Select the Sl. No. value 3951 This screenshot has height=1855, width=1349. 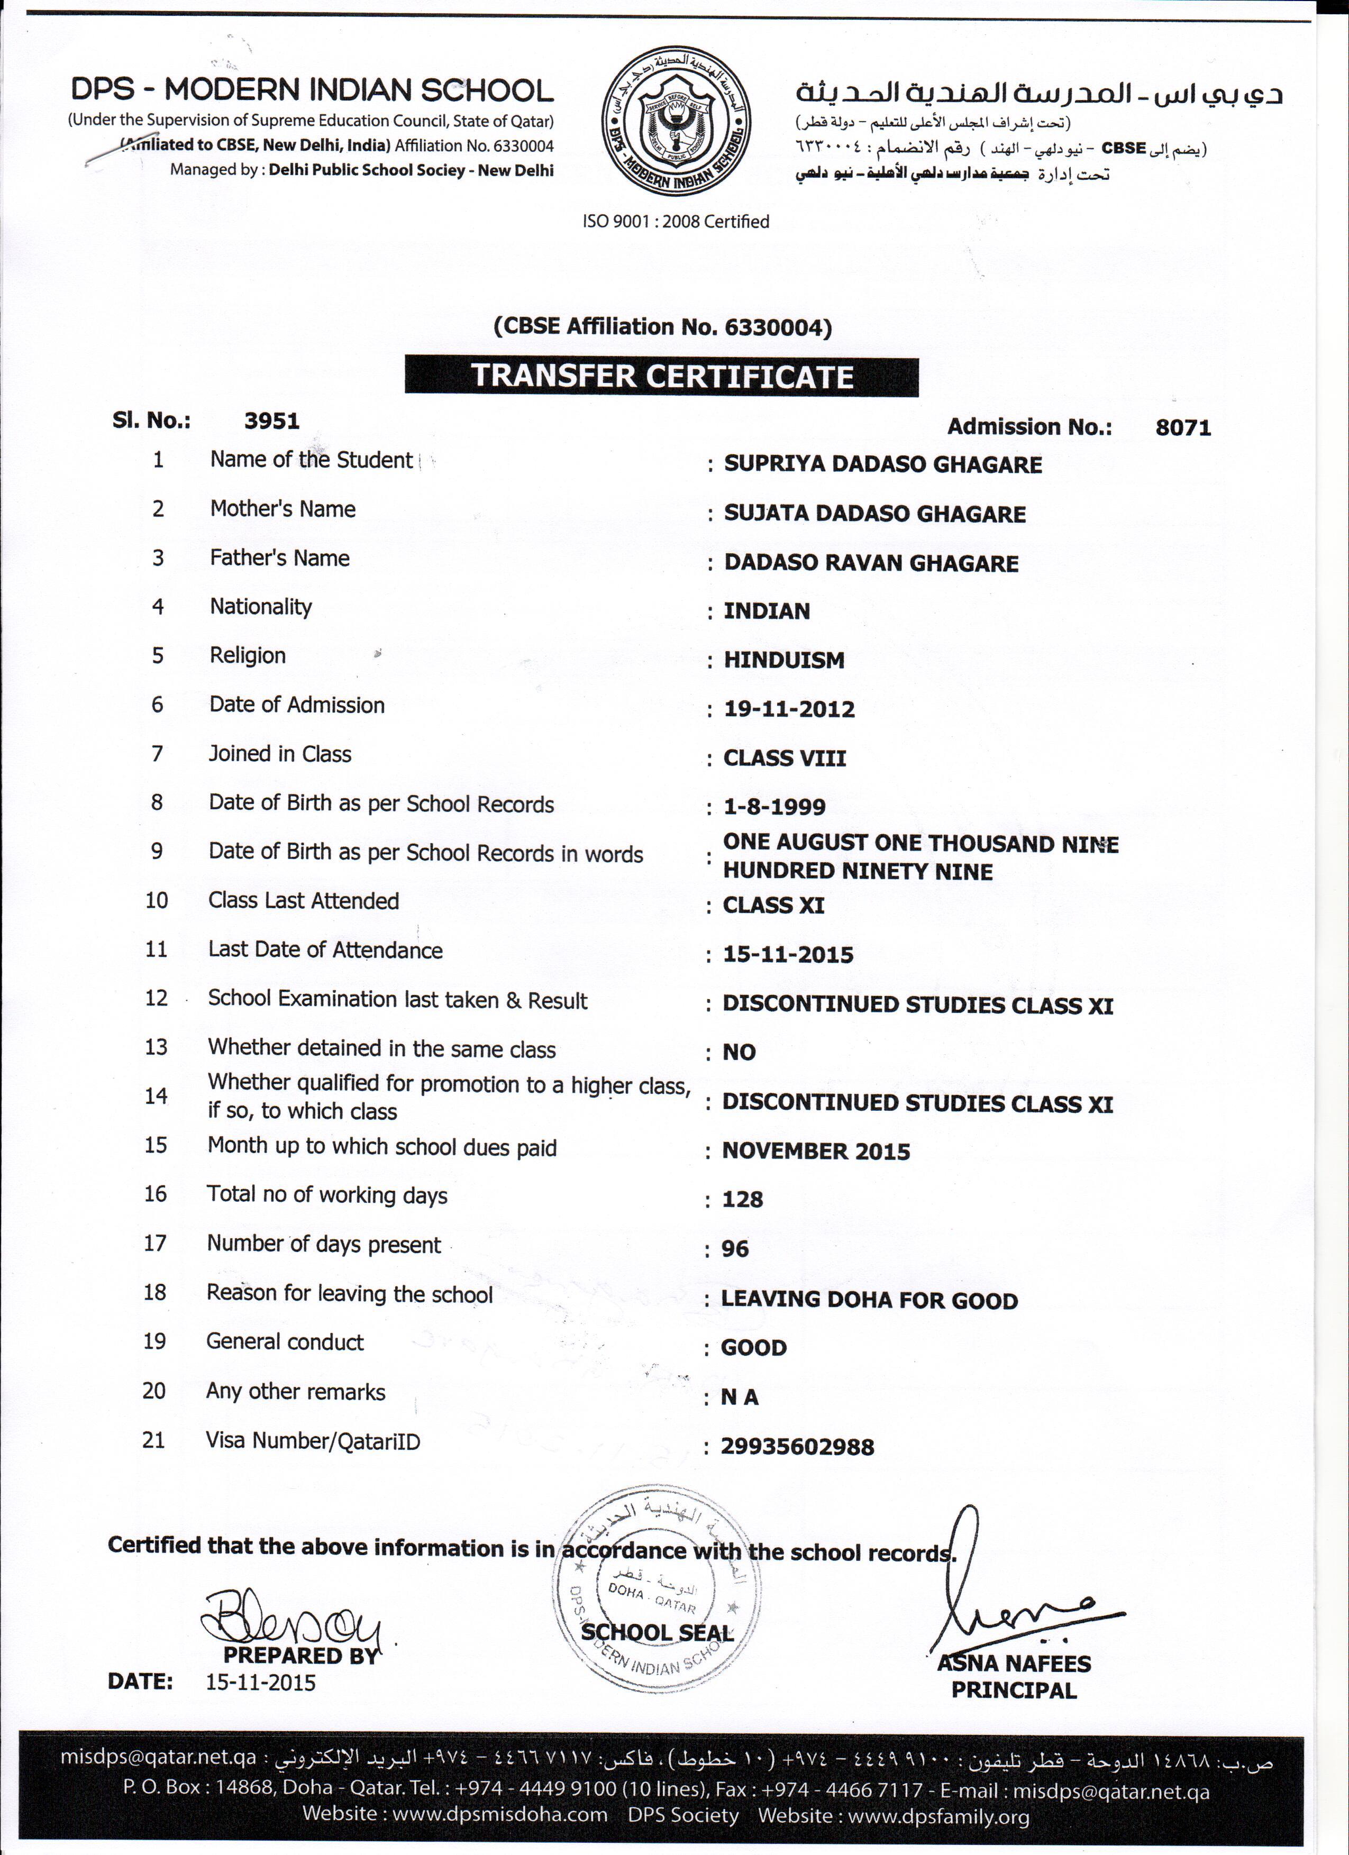[271, 421]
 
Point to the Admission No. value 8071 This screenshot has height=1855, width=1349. [1182, 427]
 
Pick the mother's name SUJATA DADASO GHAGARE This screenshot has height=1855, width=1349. [874, 514]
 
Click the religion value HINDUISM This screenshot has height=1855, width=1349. [783, 660]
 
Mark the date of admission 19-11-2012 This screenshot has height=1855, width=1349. [789, 709]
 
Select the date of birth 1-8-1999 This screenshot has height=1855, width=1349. [774, 807]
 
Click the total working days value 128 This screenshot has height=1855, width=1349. [742, 1200]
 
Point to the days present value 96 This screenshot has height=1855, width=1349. [735, 1249]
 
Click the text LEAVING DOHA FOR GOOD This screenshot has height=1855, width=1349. [869, 1301]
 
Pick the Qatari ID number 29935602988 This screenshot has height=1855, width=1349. [797, 1447]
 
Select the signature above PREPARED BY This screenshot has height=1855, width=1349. [290, 1618]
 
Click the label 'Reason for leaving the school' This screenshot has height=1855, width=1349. [349, 1294]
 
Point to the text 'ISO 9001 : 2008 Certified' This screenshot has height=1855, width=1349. [676, 222]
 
